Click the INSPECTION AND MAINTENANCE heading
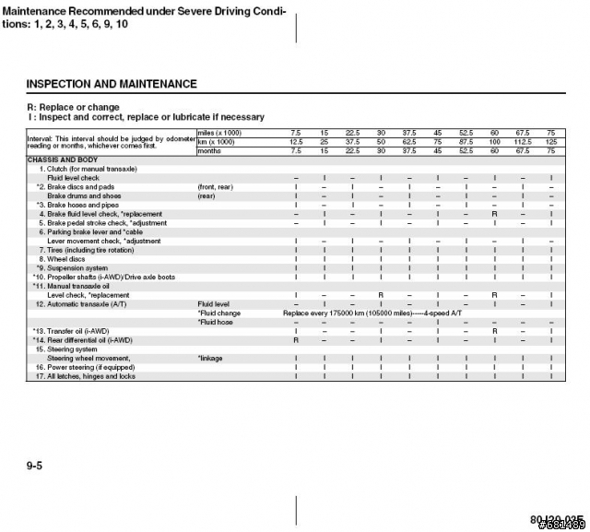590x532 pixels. (x=112, y=84)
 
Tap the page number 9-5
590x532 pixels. (x=35, y=467)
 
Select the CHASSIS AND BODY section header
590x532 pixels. (x=65, y=160)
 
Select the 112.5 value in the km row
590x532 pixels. (x=523, y=142)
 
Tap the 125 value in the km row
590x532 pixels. (x=551, y=142)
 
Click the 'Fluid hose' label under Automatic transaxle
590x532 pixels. (x=218, y=322)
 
